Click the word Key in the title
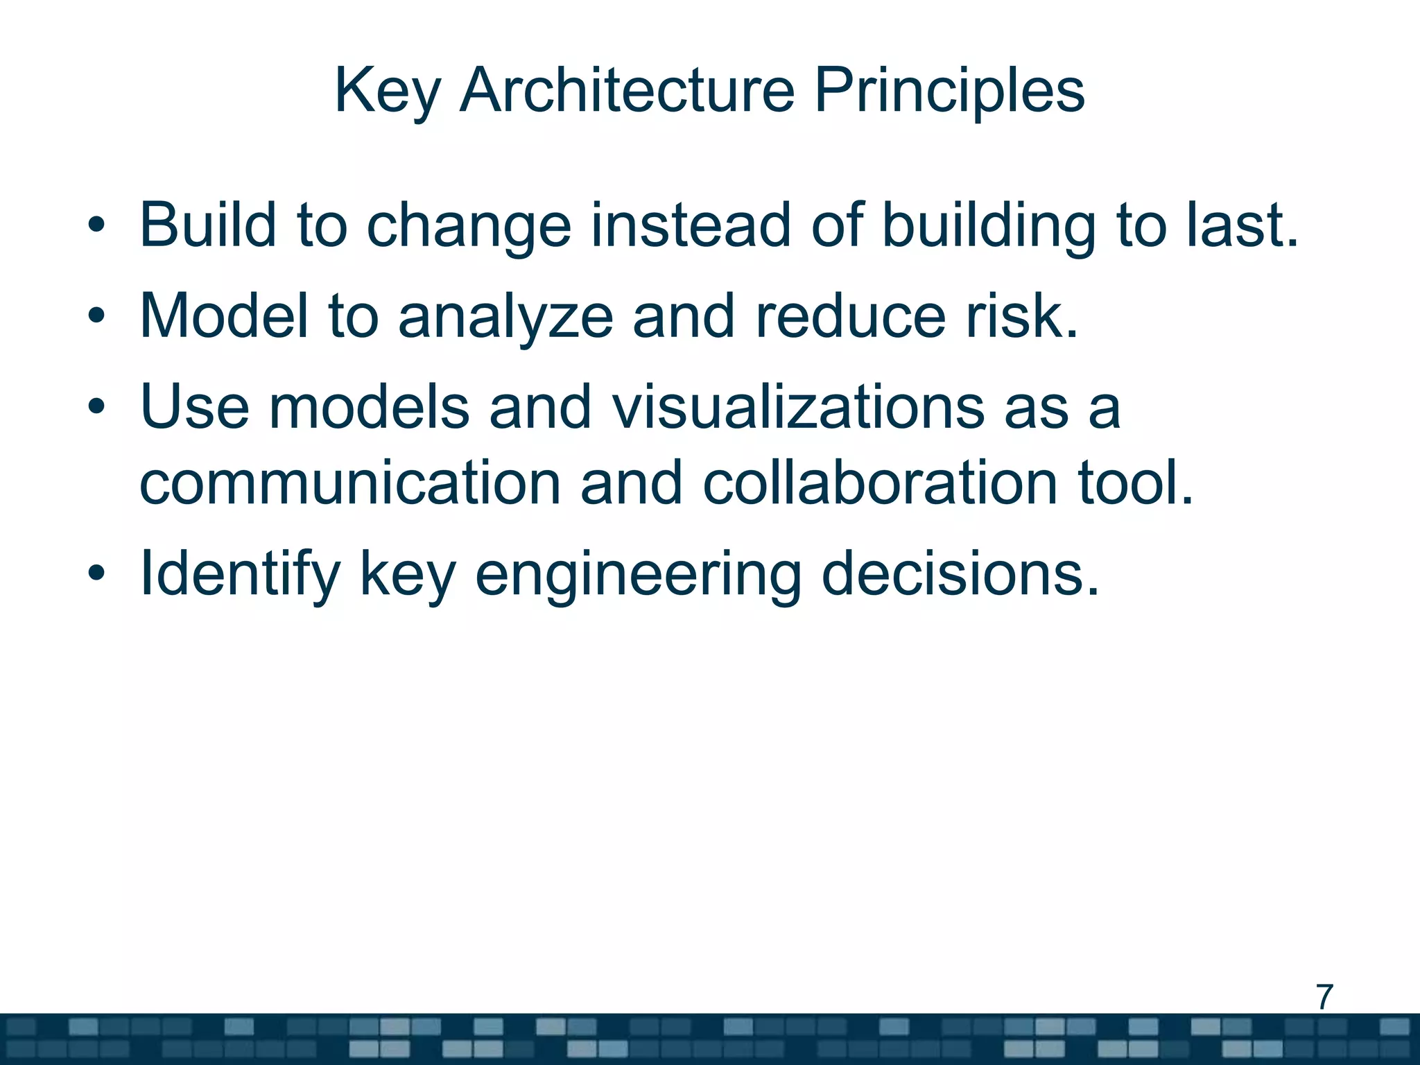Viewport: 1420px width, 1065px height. tap(387, 92)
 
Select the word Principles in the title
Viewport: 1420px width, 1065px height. tap(949, 92)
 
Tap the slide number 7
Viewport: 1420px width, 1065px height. tap(1324, 997)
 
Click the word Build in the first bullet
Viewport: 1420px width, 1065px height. tap(208, 225)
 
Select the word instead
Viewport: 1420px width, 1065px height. tap(690, 225)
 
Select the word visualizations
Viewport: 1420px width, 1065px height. tap(798, 407)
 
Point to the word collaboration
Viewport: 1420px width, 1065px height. tap(880, 483)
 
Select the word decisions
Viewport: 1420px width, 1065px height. tap(960, 574)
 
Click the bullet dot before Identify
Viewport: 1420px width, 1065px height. tap(96, 573)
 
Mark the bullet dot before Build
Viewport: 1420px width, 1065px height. tap(96, 225)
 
